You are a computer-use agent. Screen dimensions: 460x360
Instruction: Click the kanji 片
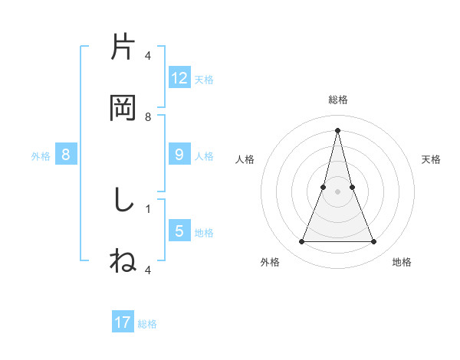tap(123, 47)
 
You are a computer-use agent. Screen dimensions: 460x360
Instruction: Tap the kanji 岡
tap(123, 108)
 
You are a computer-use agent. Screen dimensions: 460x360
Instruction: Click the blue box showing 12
tap(179, 78)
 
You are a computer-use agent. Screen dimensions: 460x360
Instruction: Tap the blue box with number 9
tap(179, 155)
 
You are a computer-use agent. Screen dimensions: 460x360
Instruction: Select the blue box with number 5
tap(179, 231)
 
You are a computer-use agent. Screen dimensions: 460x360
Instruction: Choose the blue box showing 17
tap(123, 322)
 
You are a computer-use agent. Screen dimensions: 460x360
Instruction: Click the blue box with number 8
tap(66, 155)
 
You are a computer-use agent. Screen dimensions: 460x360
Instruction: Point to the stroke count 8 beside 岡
tap(148, 117)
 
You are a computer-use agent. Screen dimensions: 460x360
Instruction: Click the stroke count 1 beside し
tap(148, 208)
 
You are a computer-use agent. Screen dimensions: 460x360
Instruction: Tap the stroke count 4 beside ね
tap(148, 270)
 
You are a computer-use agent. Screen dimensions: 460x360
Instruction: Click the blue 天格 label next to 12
tap(204, 79)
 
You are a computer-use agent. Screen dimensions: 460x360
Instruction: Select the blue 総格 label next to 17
tap(147, 323)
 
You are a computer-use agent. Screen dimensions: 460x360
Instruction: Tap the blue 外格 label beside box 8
tap(41, 155)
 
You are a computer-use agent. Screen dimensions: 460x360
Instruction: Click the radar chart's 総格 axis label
tap(337, 100)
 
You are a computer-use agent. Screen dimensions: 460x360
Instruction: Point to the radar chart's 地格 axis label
tap(402, 262)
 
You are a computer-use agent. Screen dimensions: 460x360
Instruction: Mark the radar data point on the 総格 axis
tap(337, 129)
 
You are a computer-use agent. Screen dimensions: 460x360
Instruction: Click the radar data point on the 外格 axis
tap(301, 242)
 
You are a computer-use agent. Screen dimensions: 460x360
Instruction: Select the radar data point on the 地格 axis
tap(374, 242)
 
